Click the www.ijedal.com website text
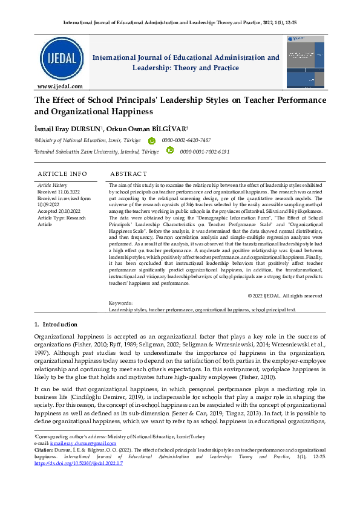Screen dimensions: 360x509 point(60,86)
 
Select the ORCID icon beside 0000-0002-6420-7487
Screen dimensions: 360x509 point(151,140)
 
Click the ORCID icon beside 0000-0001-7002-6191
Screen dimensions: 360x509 point(170,151)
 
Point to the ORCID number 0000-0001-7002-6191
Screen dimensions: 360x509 point(205,152)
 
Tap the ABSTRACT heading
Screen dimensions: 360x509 point(129,174)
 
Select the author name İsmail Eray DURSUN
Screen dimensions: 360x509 point(68,128)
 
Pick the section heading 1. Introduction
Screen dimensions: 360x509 point(56,325)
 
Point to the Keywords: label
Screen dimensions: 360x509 point(120,302)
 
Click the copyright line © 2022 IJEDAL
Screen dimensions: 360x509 point(285,296)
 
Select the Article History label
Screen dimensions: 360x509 point(53,185)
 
